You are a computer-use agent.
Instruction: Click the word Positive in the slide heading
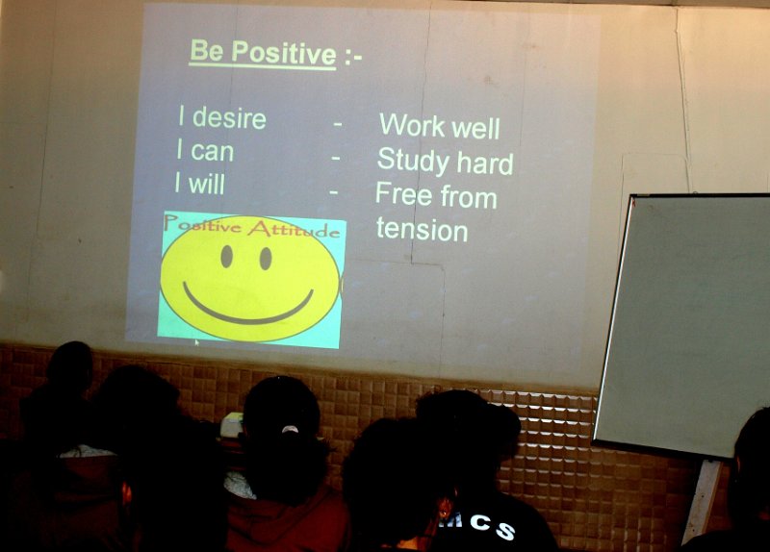tap(284, 53)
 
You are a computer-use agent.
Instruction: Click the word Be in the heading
tap(207, 51)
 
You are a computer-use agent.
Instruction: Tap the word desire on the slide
tap(229, 118)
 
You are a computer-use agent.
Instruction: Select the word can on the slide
tap(212, 152)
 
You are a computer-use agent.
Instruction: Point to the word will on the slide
tap(207, 184)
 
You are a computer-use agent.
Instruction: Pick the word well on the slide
tap(475, 128)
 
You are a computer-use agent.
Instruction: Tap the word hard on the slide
tap(485, 163)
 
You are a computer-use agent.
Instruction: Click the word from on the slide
tap(469, 197)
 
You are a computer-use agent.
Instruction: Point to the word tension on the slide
tap(422, 230)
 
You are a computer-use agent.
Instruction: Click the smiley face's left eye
tap(226, 256)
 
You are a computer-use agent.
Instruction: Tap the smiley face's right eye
tap(266, 258)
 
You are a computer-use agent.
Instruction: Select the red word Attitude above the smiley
tap(294, 229)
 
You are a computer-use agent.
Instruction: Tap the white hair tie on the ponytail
tap(290, 429)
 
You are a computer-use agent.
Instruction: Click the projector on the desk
tap(231, 425)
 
